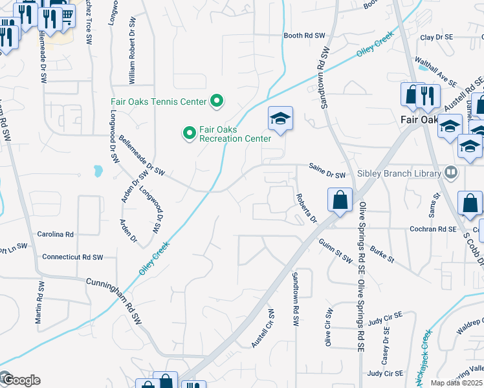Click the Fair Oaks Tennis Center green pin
pos(217,102)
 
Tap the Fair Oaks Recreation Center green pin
pos(190,134)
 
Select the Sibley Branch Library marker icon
pos(450,173)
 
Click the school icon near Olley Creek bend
pos(280,119)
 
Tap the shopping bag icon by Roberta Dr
pos(340,200)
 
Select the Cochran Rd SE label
pos(433,229)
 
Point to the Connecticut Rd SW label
pos(72,257)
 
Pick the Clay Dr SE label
pos(436,38)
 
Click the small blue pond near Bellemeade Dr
pos(98,171)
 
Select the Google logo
pos(21,380)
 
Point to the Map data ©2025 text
pos(457,383)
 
